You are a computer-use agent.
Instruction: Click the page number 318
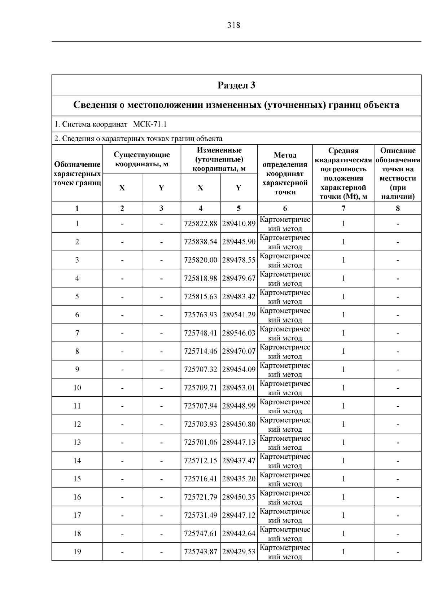pyautogui.click(x=233, y=25)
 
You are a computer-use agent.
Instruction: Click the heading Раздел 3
pyautogui.click(x=236, y=85)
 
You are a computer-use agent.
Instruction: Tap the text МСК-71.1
pyautogui.click(x=150, y=124)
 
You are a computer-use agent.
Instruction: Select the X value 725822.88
pyautogui.click(x=200, y=224)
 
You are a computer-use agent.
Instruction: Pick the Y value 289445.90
pyautogui.click(x=239, y=242)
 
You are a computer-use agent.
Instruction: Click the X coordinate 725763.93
pyautogui.click(x=200, y=315)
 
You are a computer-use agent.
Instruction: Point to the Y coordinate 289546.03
pyautogui.click(x=239, y=333)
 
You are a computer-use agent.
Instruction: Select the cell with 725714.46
pyautogui.click(x=200, y=351)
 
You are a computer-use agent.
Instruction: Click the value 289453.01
pyautogui.click(x=239, y=388)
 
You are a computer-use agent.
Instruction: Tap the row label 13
pyautogui.click(x=77, y=443)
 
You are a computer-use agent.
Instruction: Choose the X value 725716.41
pyautogui.click(x=200, y=479)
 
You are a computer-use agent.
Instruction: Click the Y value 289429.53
pyautogui.click(x=239, y=552)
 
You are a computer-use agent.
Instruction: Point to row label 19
pyautogui.click(x=77, y=552)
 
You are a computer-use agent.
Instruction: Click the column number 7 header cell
pyautogui.click(x=343, y=208)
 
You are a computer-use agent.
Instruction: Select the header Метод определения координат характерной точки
pyautogui.click(x=285, y=173)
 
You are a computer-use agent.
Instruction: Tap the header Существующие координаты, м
pyautogui.click(x=141, y=159)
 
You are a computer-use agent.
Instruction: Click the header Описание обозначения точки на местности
pyautogui.click(x=398, y=173)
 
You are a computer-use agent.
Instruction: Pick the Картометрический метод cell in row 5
pyautogui.click(x=285, y=296)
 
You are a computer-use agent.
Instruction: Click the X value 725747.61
pyautogui.click(x=200, y=533)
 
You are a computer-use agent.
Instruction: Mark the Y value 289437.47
pyautogui.click(x=239, y=461)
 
